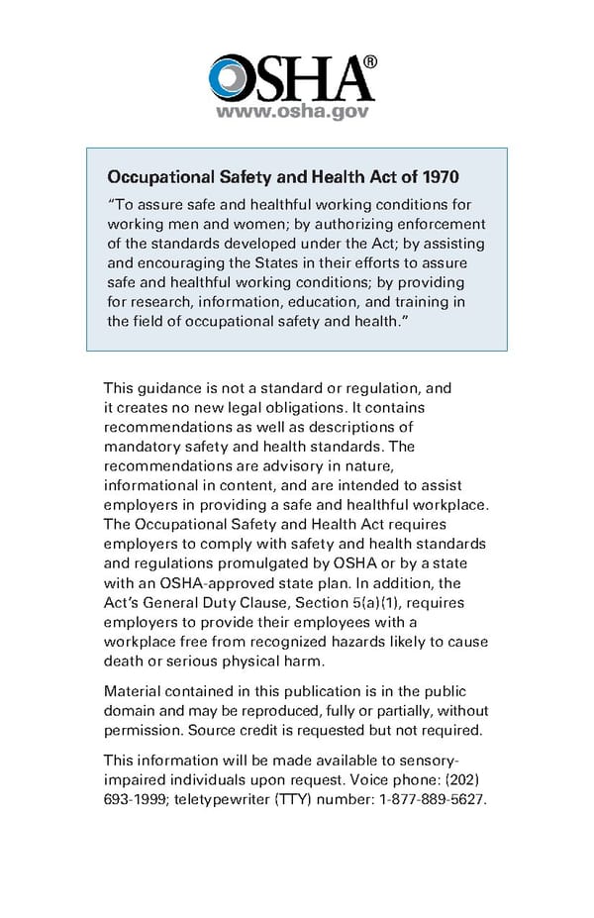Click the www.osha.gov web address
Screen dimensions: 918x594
292,112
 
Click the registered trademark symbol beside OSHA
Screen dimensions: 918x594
370,61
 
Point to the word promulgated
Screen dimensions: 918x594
264,562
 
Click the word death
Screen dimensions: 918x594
125,661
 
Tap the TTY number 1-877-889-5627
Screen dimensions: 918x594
432,800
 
